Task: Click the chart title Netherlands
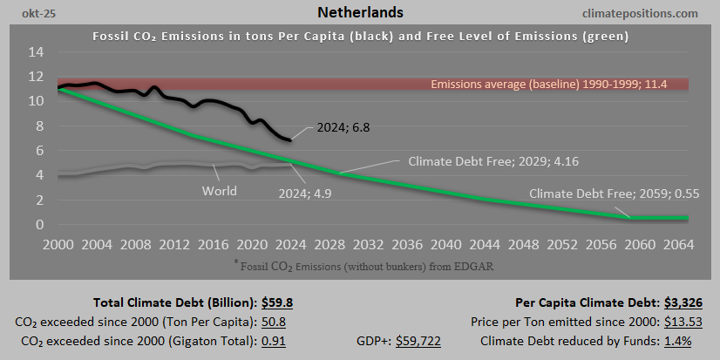coord(360,13)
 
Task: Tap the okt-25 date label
coord(28,14)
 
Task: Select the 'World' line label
coord(219,190)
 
